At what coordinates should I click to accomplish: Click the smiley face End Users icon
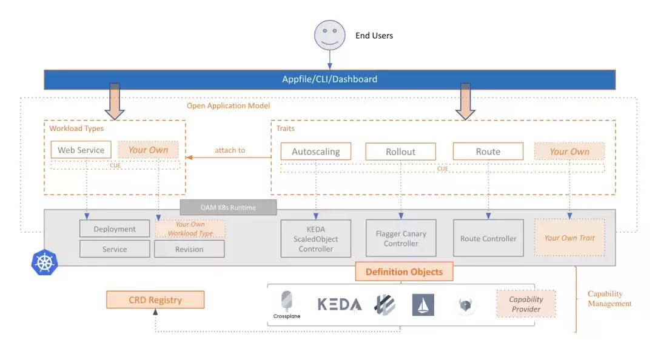click(x=329, y=35)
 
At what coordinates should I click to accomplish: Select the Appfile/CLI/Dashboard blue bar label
click(x=329, y=79)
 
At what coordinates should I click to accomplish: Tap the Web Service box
click(x=81, y=150)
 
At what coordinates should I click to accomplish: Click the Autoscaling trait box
click(x=316, y=152)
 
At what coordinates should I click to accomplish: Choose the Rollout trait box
click(x=401, y=152)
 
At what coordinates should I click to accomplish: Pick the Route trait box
click(x=488, y=151)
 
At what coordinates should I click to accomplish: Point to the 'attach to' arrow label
click(x=230, y=150)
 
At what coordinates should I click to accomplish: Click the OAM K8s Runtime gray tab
click(x=228, y=207)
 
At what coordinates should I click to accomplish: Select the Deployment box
click(x=115, y=229)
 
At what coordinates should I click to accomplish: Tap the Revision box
click(x=189, y=249)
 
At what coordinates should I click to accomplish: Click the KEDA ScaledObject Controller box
click(x=316, y=239)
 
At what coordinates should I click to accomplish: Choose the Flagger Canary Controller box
click(x=401, y=238)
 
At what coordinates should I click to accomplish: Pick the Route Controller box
click(x=488, y=238)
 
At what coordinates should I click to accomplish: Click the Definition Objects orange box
click(x=404, y=272)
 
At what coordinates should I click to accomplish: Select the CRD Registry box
click(x=155, y=300)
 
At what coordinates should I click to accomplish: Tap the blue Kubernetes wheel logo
click(x=44, y=262)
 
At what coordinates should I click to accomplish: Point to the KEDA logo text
click(x=340, y=304)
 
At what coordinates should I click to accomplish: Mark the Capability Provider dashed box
click(x=526, y=304)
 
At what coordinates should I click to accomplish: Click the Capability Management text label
click(x=610, y=299)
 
